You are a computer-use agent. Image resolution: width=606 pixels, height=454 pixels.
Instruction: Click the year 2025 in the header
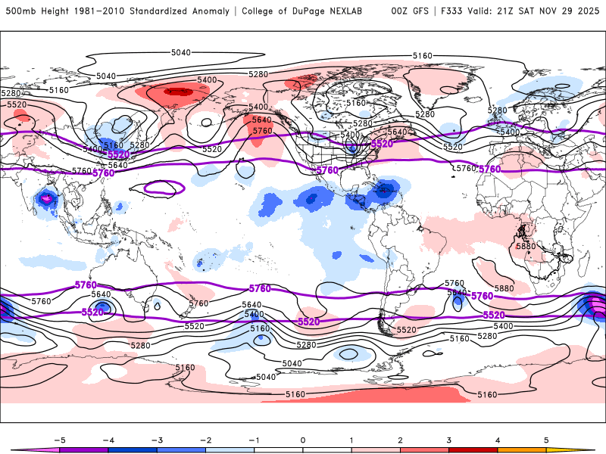pos(586,11)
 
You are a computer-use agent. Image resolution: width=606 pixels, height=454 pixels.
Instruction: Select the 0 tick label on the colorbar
pos(303,439)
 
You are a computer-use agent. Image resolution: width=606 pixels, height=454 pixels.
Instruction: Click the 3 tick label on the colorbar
pos(449,439)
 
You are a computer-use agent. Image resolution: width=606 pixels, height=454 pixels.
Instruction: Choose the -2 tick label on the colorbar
pos(205,439)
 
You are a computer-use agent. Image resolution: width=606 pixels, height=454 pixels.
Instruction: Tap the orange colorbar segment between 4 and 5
pos(522,449)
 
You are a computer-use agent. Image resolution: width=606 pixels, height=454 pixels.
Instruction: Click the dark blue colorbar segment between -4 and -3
pos(133,449)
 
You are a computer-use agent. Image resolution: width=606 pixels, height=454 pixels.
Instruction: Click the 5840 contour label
pos(457,293)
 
